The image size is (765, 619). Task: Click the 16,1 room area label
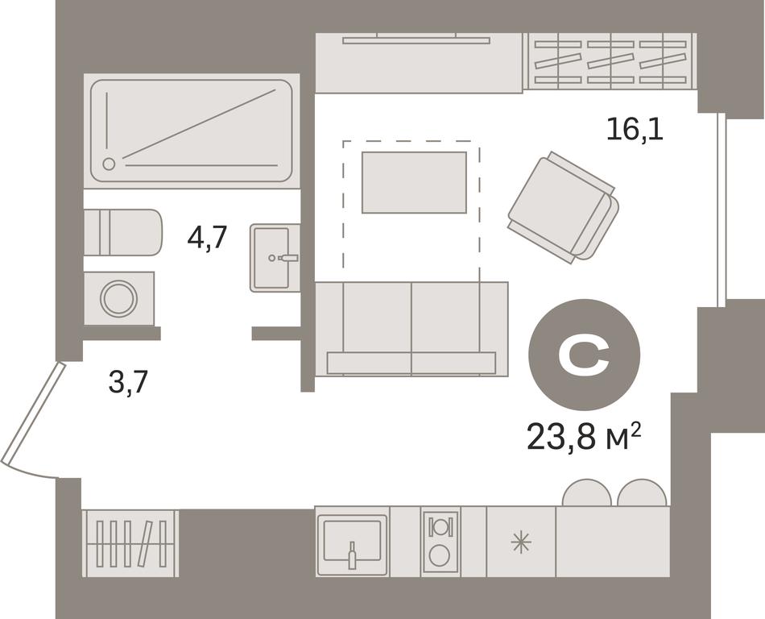tap(635, 131)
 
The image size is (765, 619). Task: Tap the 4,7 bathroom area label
tap(207, 238)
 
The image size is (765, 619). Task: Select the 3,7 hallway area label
tap(128, 382)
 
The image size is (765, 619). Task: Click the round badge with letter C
tap(584, 354)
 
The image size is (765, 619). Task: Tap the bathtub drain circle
tap(110, 164)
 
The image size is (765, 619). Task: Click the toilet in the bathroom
tap(122, 232)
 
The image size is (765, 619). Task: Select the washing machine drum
tap(118, 297)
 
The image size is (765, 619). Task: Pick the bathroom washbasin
tap(275, 258)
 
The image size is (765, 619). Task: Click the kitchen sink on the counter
tap(352, 542)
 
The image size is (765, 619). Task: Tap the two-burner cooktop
tap(440, 542)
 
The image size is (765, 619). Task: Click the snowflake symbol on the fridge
tap(520, 543)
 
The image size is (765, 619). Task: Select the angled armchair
tap(564, 207)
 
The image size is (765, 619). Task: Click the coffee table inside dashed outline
tap(414, 182)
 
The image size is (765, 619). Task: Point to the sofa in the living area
tap(411, 329)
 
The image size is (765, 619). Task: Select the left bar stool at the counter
tap(586, 492)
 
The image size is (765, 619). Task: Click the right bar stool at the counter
tap(642, 492)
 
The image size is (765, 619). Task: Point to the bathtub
tap(192, 131)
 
